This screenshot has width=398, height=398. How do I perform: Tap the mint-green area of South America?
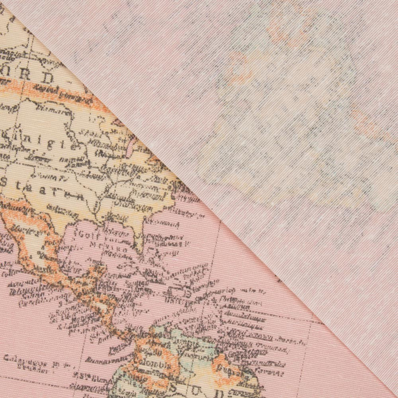[187, 342]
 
